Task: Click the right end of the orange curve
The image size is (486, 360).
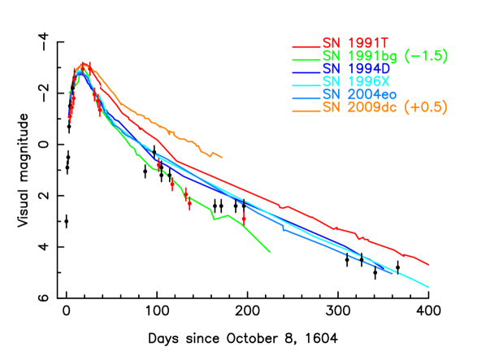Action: (221, 157)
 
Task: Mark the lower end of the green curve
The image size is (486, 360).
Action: (269, 253)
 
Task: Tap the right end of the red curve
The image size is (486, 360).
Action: (428, 265)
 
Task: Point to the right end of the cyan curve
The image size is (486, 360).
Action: (428, 287)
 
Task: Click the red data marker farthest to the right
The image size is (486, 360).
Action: (244, 218)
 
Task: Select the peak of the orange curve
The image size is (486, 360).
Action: (84, 63)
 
